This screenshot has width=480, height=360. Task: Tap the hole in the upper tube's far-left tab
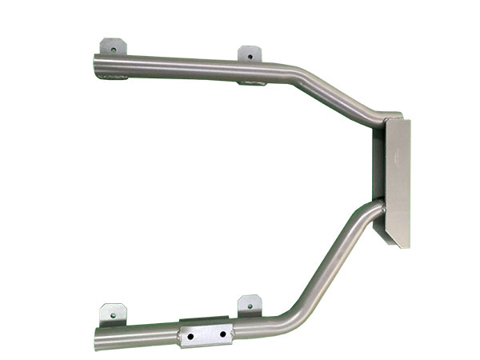(113, 48)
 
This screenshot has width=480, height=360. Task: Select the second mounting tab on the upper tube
(250, 54)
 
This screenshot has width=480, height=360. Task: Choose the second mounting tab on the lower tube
(250, 305)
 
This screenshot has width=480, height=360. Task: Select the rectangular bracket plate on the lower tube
(206, 331)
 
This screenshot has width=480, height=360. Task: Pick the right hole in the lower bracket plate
(220, 330)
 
